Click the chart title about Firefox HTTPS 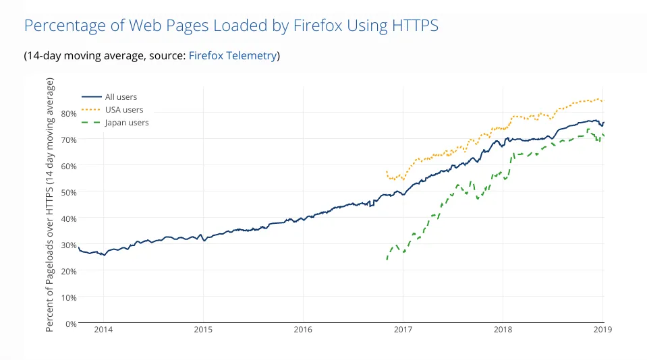pyautogui.click(x=231, y=26)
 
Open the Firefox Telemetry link pyautogui.click(x=232, y=56)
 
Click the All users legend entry pyautogui.click(x=121, y=97)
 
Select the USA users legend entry pyautogui.click(x=123, y=110)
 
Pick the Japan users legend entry pyautogui.click(x=126, y=123)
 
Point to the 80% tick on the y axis pyautogui.click(x=67, y=113)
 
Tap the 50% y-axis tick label pyautogui.click(x=67, y=192)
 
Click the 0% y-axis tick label pyautogui.click(x=70, y=324)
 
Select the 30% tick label pyautogui.click(x=67, y=245)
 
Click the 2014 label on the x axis pyautogui.click(x=103, y=330)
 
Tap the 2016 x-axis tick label pyautogui.click(x=303, y=330)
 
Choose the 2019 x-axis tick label pyautogui.click(x=602, y=330)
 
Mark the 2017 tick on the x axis pyautogui.click(x=403, y=330)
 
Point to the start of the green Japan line pyautogui.click(x=387, y=259)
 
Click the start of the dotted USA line pyautogui.click(x=387, y=172)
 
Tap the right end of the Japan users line pyautogui.click(x=603, y=136)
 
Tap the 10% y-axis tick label pyautogui.click(x=67, y=297)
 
